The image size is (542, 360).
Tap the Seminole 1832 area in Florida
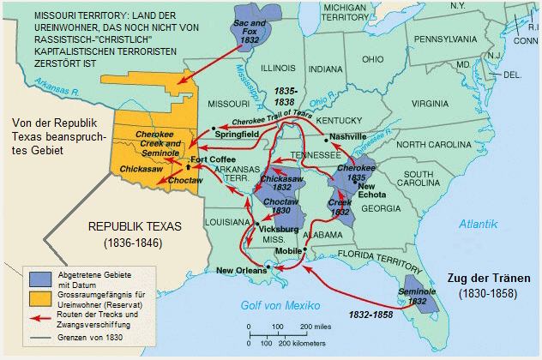tap(420, 291)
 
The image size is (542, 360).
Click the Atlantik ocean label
tap(477, 224)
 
